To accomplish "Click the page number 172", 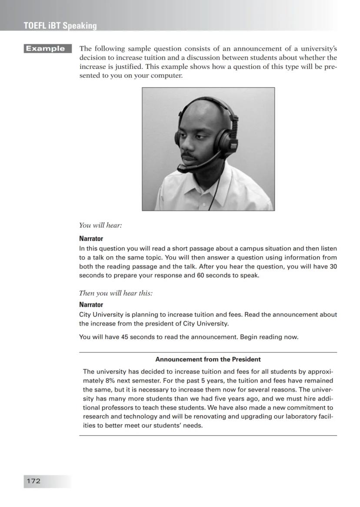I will point(33,481).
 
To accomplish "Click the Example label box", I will point(47,49).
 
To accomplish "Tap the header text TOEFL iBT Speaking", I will point(60,26).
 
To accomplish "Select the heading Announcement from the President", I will point(208,359).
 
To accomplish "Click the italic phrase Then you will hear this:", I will point(116,293).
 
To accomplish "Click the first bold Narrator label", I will point(91,238).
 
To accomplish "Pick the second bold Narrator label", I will point(91,305).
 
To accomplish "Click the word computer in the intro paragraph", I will point(169,76).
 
